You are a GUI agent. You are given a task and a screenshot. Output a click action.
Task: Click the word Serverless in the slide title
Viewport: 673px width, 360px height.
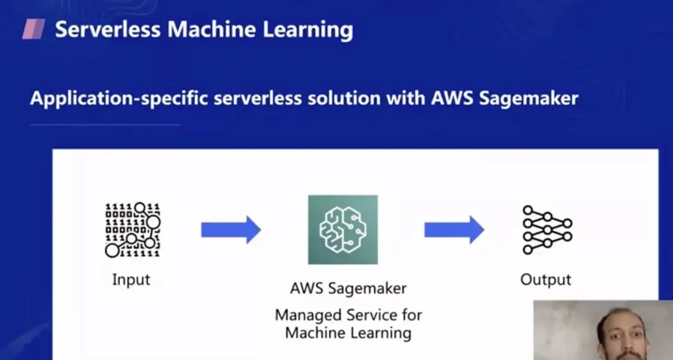(x=107, y=30)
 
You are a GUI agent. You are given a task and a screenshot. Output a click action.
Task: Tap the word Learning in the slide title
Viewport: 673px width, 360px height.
(x=307, y=30)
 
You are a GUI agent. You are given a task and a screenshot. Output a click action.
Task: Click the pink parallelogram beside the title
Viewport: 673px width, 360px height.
(x=34, y=29)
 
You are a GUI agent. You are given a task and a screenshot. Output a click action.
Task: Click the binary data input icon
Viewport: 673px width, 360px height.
(x=132, y=230)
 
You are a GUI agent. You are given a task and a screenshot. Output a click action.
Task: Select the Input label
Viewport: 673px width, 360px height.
(x=131, y=280)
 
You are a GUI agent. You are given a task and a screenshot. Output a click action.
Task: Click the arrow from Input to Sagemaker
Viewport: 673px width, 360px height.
(x=231, y=230)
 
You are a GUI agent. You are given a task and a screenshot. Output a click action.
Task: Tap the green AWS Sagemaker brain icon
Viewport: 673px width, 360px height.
(x=343, y=230)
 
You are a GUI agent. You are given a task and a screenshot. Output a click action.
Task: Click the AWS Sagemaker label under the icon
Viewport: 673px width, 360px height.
(x=348, y=288)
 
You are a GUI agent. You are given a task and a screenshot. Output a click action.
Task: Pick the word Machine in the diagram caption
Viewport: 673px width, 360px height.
(x=315, y=333)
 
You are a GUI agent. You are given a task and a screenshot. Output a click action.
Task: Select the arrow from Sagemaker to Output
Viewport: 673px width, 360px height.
(x=454, y=230)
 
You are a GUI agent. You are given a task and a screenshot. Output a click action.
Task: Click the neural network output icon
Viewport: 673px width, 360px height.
(x=547, y=230)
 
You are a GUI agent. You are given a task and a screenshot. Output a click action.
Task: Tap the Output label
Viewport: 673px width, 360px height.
(x=546, y=280)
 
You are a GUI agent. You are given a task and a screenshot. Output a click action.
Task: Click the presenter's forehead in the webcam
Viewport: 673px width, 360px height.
(x=621, y=325)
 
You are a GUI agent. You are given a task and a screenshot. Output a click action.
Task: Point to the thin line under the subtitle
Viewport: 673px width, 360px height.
(x=105, y=125)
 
